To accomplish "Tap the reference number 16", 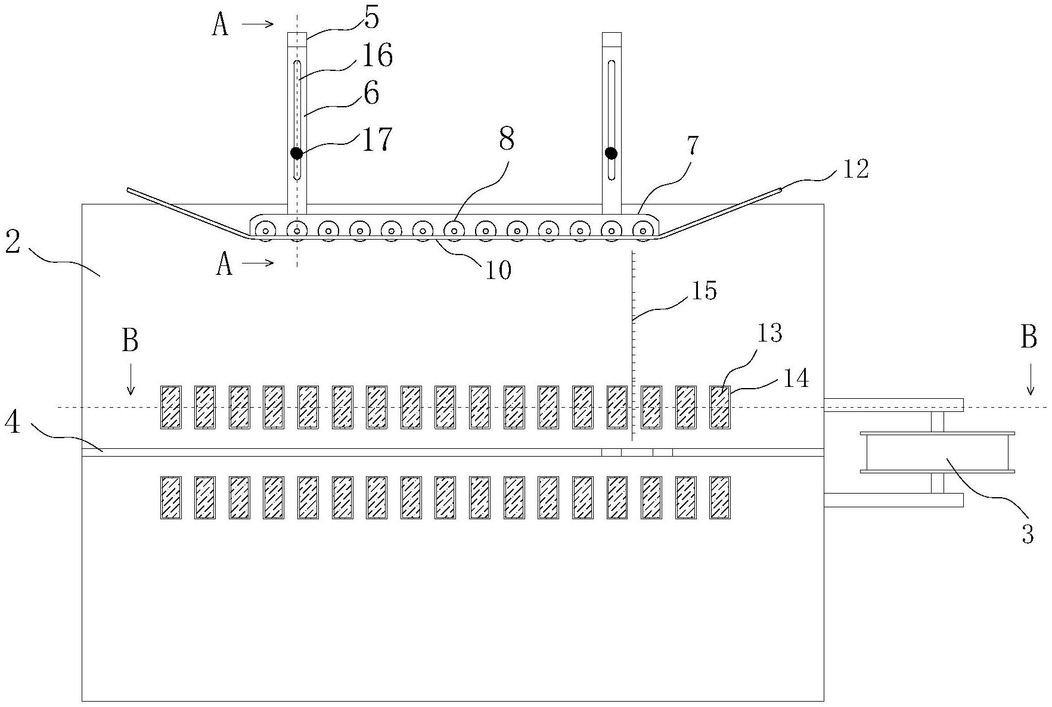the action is (x=377, y=56).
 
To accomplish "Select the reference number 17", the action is (x=377, y=139).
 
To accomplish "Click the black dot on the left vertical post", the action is (x=296, y=153).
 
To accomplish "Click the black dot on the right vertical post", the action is (x=611, y=153).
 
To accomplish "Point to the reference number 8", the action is (x=507, y=139).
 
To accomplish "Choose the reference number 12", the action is (x=855, y=170).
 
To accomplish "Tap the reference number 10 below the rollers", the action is (x=498, y=270).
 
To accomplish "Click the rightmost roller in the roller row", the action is (x=642, y=230).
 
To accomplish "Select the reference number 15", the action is (x=703, y=290).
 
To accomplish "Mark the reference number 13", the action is (x=769, y=333).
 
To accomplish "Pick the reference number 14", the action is (x=796, y=378).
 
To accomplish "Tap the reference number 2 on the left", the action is (x=13, y=241).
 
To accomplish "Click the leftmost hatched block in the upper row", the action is (x=171, y=407).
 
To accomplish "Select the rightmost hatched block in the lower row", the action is (x=720, y=497).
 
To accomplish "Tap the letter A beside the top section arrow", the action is (x=221, y=26).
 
